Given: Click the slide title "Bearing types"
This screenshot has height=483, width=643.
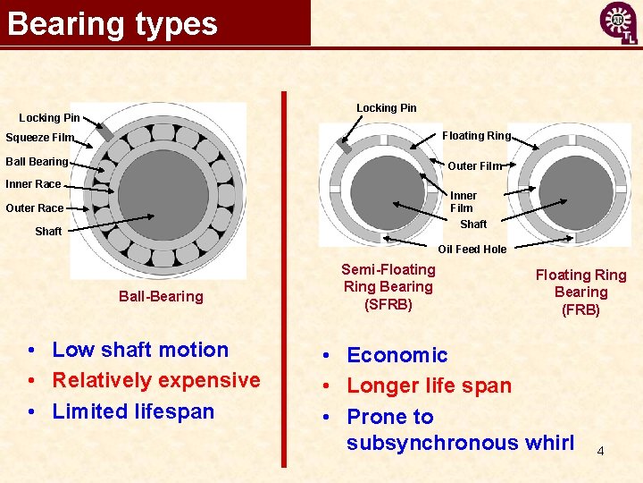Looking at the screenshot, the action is (x=113, y=23).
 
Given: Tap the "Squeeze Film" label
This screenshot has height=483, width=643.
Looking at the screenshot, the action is (x=39, y=138).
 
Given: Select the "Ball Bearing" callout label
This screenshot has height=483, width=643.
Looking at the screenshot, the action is (x=37, y=162).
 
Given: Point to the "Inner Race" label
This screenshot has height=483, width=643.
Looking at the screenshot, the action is (x=33, y=184).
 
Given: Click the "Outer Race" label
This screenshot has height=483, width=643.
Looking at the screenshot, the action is (x=34, y=208).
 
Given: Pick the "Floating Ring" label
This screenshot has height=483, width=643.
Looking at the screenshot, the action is (x=476, y=136).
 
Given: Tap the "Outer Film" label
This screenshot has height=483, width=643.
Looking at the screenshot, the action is (x=474, y=165).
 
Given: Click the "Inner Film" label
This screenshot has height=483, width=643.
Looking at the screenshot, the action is (x=463, y=201).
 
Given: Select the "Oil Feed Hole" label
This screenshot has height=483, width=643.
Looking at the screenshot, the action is (x=472, y=250).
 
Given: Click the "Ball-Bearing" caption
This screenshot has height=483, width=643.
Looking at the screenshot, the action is (x=161, y=296).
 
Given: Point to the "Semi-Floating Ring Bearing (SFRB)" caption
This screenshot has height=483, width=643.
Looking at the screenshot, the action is (x=388, y=286).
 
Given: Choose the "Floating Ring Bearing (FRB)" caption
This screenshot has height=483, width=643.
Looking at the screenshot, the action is (x=580, y=292).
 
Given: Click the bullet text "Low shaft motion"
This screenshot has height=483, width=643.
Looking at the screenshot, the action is (x=140, y=350).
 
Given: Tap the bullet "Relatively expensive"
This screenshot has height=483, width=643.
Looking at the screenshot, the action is (x=156, y=380).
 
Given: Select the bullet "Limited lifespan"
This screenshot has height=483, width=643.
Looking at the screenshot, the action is (x=133, y=411).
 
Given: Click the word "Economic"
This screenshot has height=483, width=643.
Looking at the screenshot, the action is (x=397, y=355).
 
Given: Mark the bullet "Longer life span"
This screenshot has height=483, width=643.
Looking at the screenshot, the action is (x=429, y=386).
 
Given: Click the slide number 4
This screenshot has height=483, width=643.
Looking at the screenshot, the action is (x=600, y=451).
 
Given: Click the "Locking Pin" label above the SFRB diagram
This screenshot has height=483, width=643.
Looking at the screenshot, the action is (x=386, y=108).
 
